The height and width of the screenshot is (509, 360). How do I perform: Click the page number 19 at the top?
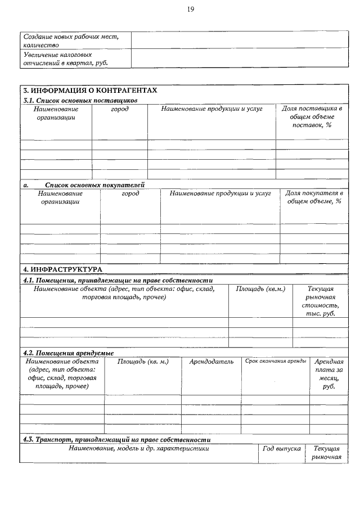coord(191,10)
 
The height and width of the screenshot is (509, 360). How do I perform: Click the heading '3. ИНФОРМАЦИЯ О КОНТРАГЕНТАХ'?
coord(90,90)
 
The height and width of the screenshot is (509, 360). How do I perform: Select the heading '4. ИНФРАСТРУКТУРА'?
coord(62,269)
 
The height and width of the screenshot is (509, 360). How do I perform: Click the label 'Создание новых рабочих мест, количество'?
coord(71,40)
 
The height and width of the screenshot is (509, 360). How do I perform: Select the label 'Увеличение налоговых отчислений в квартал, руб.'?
coord(65,58)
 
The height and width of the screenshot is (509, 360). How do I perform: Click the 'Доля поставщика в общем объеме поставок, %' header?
coord(312,116)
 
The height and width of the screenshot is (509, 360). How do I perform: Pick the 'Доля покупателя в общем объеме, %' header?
coord(314,197)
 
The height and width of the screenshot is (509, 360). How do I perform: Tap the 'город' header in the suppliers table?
coord(120,109)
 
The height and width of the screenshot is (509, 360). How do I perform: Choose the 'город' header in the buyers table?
coord(130,193)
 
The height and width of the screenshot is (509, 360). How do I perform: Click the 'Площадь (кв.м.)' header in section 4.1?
coord(260,289)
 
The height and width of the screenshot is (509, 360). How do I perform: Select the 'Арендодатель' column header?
coord(211,362)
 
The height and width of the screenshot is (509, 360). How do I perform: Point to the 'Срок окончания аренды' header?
coord(276,361)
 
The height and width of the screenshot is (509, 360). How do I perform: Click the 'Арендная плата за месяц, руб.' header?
coord(328,374)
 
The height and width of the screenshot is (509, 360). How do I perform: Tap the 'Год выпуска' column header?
coord(281,448)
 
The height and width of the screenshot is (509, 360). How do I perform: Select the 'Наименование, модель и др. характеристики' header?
coord(139,448)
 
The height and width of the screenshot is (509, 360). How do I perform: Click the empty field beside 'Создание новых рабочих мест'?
coord(239,40)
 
